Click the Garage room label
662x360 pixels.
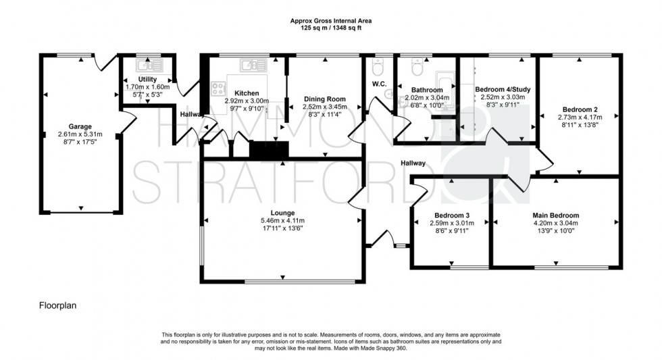(x=80, y=126)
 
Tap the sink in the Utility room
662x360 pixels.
(x=147, y=66)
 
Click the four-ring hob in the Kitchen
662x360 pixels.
(x=220, y=87)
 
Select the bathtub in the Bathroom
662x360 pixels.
(x=447, y=87)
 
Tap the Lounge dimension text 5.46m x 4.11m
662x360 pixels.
(x=282, y=220)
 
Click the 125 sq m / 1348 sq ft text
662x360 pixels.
(x=330, y=29)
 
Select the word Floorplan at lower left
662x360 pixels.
(x=57, y=306)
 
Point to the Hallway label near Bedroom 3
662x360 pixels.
(x=413, y=163)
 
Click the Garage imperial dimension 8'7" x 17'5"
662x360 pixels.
(x=80, y=142)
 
